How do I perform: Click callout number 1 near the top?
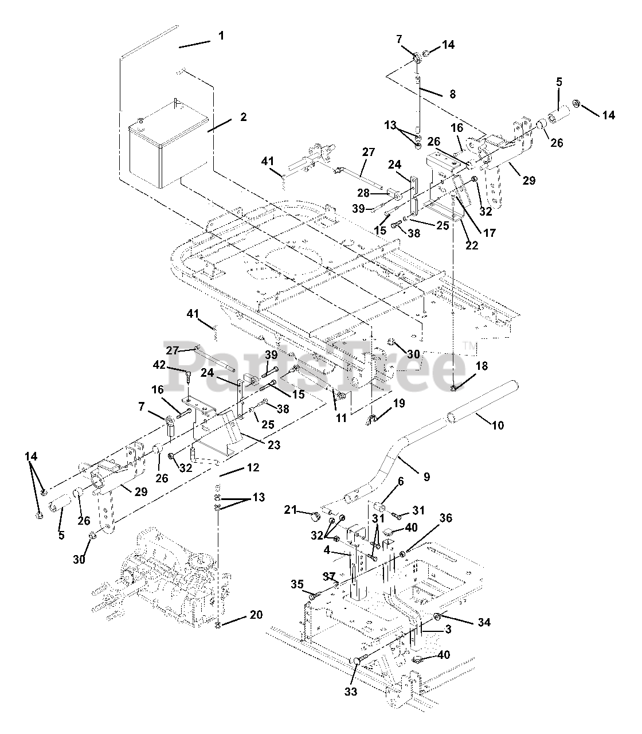click(221, 36)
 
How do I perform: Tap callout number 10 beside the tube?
click(498, 425)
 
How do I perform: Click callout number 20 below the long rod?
click(256, 615)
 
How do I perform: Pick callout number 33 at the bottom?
click(351, 692)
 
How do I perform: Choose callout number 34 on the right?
click(484, 622)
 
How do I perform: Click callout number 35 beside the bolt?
click(296, 584)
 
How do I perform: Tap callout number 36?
click(446, 519)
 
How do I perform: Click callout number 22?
click(471, 245)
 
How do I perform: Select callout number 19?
click(399, 403)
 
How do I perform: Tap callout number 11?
click(342, 418)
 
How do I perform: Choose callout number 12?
click(253, 467)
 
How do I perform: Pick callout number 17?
click(489, 233)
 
